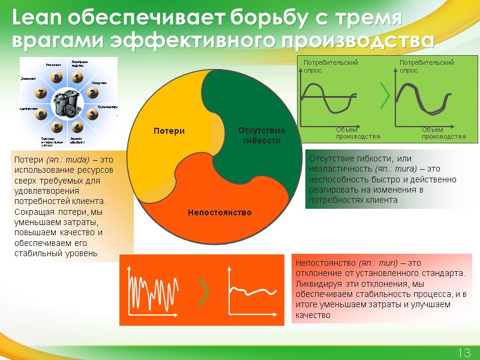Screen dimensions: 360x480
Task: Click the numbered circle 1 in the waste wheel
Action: pyautogui.click(x=77, y=78)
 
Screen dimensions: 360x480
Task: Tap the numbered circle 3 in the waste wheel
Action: pyautogui.click(x=92, y=113)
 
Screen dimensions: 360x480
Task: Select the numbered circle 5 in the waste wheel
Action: pyautogui.click(x=57, y=127)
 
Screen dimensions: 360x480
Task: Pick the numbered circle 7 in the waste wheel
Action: pyautogui.click(x=41, y=92)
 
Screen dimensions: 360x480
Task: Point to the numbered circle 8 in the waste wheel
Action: pyautogui.click(x=56, y=78)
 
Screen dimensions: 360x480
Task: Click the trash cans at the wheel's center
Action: pyautogui.click(x=66, y=103)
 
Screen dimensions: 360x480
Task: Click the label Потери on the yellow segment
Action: pyautogui.click(x=169, y=131)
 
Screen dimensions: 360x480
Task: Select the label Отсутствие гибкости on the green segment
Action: pyautogui.click(x=262, y=135)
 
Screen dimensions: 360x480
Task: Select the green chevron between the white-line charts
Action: pyautogui.click(x=205, y=291)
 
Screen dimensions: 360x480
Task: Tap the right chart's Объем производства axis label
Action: pyautogui.click(x=443, y=133)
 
